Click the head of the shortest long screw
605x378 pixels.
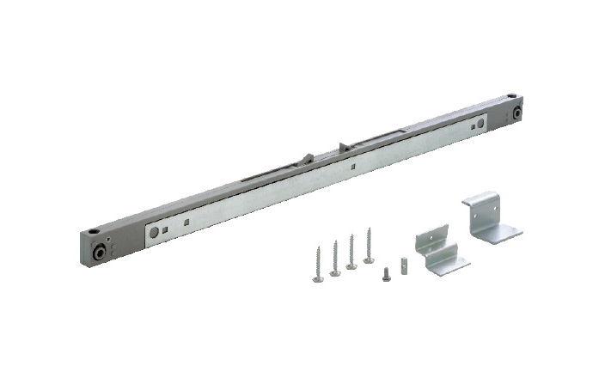(x=318, y=277)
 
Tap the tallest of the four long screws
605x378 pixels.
(x=369, y=245)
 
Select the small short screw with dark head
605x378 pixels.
(x=387, y=275)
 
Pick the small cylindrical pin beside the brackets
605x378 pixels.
(x=402, y=259)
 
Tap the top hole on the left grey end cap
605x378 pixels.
(x=91, y=232)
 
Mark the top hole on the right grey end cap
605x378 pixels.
(x=511, y=97)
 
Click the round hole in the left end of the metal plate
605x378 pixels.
(x=154, y=232)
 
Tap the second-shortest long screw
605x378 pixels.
(x=335, y=258)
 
